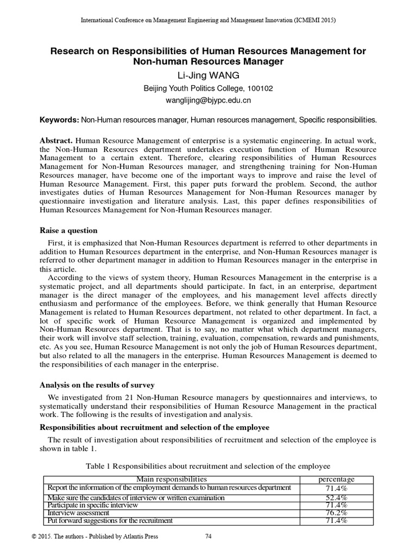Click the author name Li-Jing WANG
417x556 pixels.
[208, 76]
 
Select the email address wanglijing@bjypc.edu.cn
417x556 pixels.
[208, 100]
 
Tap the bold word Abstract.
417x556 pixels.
[58, 141]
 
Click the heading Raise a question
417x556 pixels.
[68, 231]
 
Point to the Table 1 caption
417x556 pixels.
[208, 466]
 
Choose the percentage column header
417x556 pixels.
[336, 479]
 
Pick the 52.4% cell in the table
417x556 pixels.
[336, 498]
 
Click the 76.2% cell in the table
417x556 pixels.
[336, 513]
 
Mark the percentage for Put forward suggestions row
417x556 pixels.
[336, 521]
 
